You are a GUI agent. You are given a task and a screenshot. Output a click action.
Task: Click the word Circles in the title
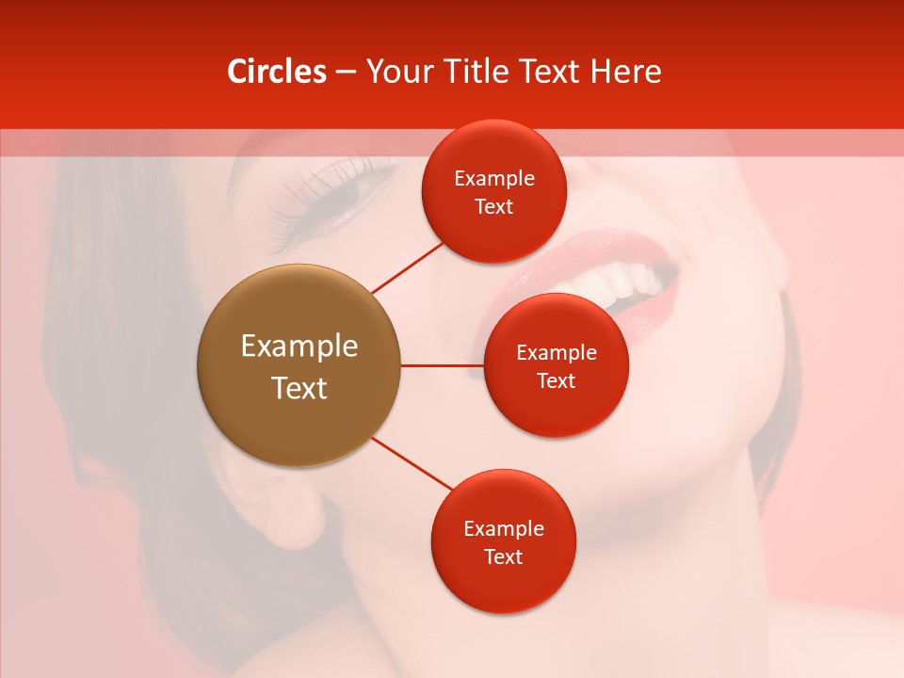pos(277,72)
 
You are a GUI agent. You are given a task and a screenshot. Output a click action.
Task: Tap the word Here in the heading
pos(625,72)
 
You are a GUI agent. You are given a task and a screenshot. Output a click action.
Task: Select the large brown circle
pos(299,365)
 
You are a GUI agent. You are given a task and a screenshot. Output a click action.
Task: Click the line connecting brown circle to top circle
pos(408,267)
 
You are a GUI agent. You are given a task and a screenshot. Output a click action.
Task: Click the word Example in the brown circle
pos(299,347)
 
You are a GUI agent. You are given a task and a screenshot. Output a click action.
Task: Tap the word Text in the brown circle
pos(299,388)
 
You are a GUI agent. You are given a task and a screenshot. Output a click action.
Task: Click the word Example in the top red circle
pos(494,179)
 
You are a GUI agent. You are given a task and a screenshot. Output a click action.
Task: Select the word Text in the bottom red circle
pos(503,557)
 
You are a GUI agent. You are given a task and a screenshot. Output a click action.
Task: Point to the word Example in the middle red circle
pos(557,353)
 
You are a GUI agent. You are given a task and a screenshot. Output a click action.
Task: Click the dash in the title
pos(346,73)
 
